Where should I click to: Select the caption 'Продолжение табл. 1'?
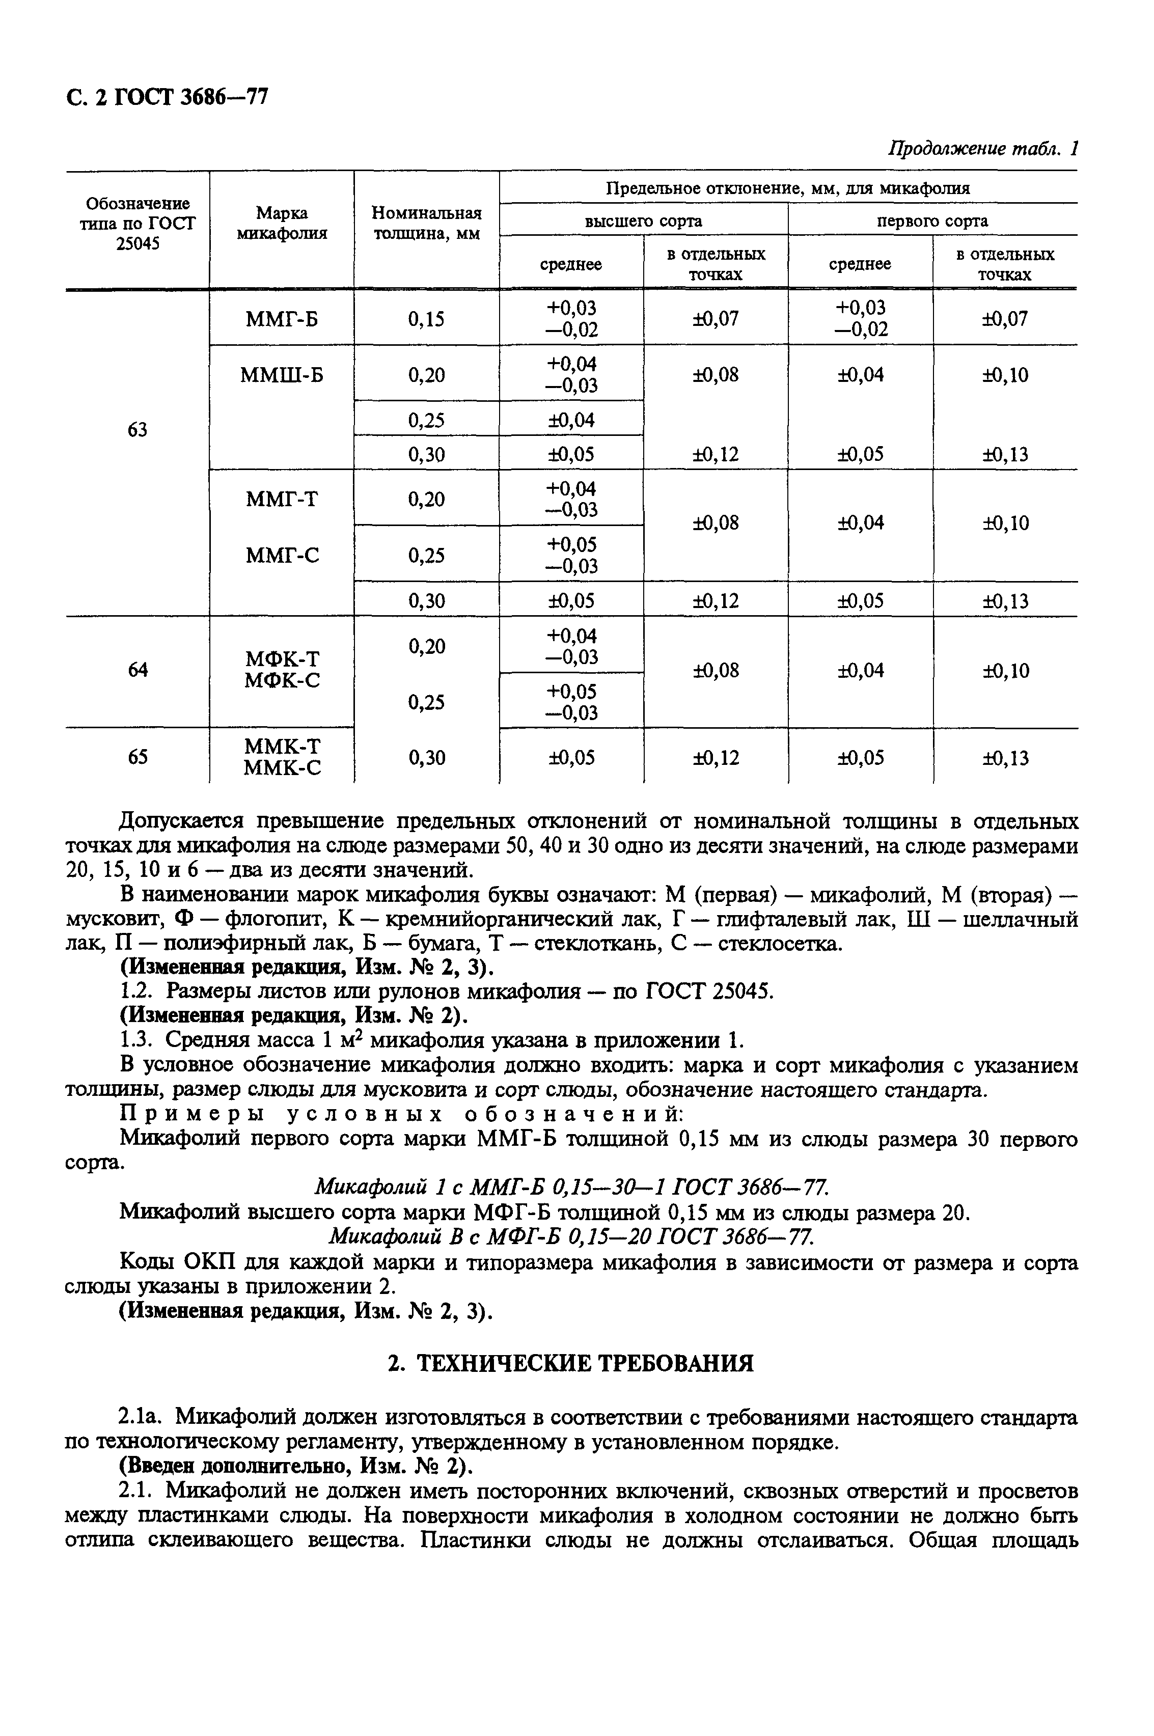[x=982, y=149]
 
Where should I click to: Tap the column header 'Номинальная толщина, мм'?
[x=426, y=223]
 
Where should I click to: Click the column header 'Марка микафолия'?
[x=282, y=223]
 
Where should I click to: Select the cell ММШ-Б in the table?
[x=282, y=375]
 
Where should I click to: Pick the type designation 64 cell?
[x=138, y=670]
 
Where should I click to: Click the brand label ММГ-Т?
[x=282, y=499]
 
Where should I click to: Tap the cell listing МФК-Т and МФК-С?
[x=282, y=669]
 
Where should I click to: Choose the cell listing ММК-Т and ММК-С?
[x=282, y=757]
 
